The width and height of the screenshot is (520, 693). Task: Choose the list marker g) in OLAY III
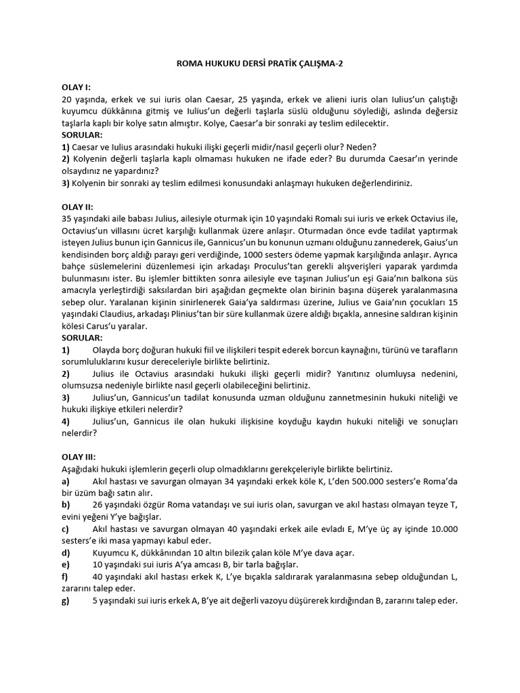click(66, 600)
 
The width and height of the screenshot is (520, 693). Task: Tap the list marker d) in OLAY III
click(66, 553)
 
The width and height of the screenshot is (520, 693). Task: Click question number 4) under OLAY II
click(66, 422)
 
